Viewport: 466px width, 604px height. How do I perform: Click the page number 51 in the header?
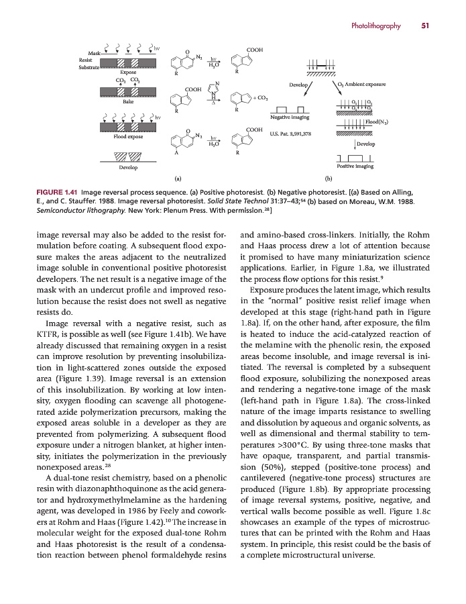point(425,26)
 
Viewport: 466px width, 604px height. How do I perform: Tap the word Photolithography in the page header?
point(375,26)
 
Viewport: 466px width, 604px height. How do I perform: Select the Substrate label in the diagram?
point(89,68)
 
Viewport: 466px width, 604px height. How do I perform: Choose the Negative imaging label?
point(290,117)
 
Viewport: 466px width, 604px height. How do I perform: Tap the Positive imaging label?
point(355,166)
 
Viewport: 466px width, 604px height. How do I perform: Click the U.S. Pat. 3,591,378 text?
point(290,134)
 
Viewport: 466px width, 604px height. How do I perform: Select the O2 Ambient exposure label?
point(363,85)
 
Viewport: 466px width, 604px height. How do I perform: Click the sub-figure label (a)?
point(178,179)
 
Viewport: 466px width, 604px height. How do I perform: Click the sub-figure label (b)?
point(329,179)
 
